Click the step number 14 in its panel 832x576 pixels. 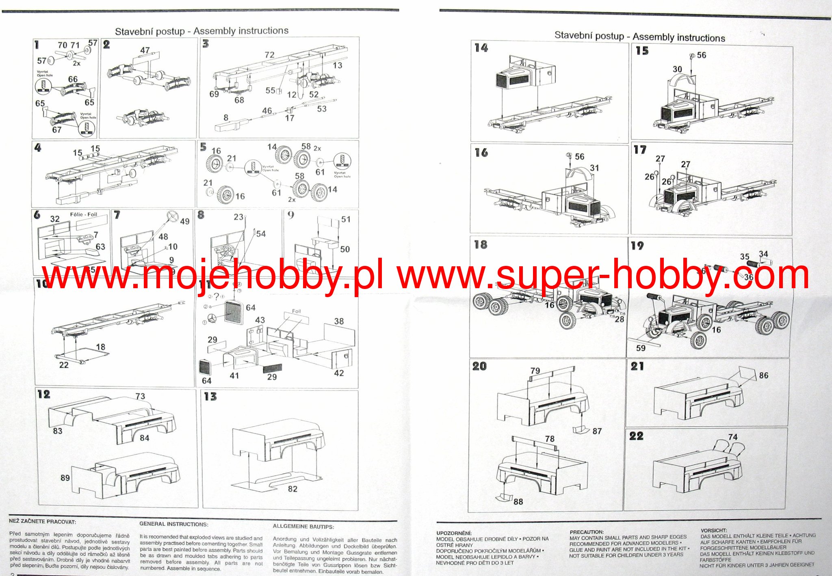(x=481, y=48)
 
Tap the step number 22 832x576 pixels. (x=636, y=436)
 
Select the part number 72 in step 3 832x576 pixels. (x=269, y=55)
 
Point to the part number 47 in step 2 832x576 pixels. (x=145, y=50)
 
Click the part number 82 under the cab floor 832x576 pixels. (x=292, y=489)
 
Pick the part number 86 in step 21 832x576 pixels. (x=763, y=375)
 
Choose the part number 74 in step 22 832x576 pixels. (x=732, y=437)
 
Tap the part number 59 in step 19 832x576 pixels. (x=641, y=348)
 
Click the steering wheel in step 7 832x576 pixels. (x=173, y=215)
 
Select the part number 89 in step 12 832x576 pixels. (x=65, y=478)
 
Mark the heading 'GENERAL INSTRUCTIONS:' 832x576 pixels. (x=173, y=524)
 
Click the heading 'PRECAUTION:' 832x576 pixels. (x=587, y=532)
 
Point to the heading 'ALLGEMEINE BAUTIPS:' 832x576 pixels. (x=303, y=526)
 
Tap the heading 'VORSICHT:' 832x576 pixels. (x=714, y=530)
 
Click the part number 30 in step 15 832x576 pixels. (x=677, y=69)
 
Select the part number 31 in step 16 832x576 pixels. (x=594, y=168)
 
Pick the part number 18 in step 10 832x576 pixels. (x=100, y=347)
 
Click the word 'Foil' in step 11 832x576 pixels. (x=297, y=311)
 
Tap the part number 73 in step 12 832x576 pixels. (x=140, y=396)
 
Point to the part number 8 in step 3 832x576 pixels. (x=226, y=118)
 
